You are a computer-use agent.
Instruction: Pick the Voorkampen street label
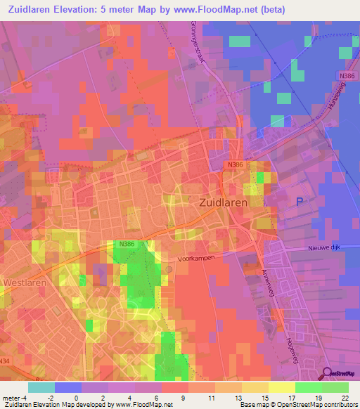click(195, 258)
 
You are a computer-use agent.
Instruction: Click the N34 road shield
click(6, 361)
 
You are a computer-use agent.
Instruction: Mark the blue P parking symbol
click(299, 202)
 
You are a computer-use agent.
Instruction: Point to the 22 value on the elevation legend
click(345, 398)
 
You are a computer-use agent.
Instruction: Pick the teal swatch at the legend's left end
click(41, 387)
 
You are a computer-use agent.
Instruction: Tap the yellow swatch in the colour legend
click(281, 387)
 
